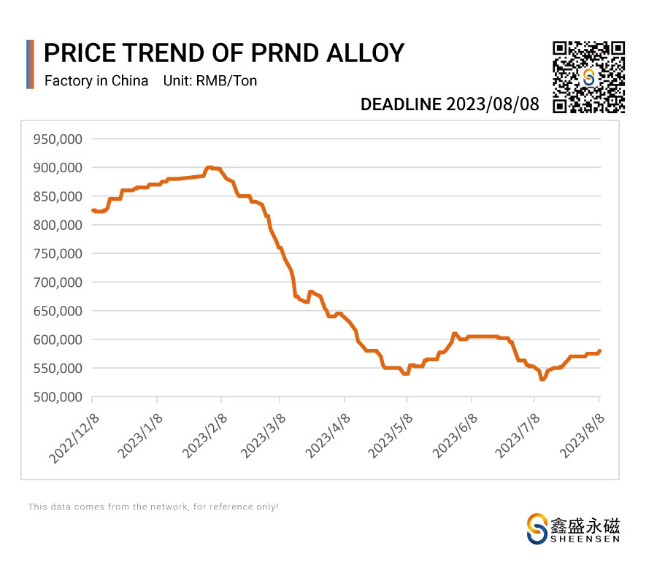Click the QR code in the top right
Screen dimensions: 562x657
(588, 77)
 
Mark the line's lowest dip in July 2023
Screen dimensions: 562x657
(542, 380)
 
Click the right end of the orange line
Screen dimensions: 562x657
(600, 350)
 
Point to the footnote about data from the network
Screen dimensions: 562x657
(153, 507)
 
